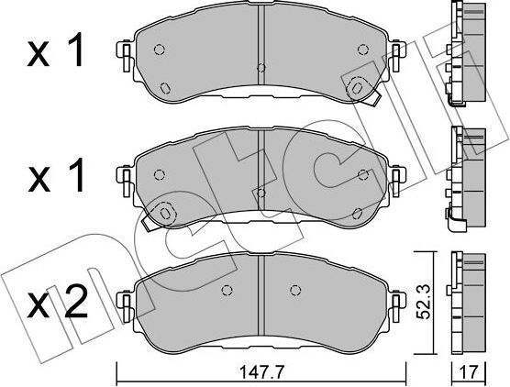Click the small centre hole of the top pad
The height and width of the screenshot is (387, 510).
click(x=261, y=67)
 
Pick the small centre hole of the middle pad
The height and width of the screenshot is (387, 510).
click(x=261, y=191)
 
